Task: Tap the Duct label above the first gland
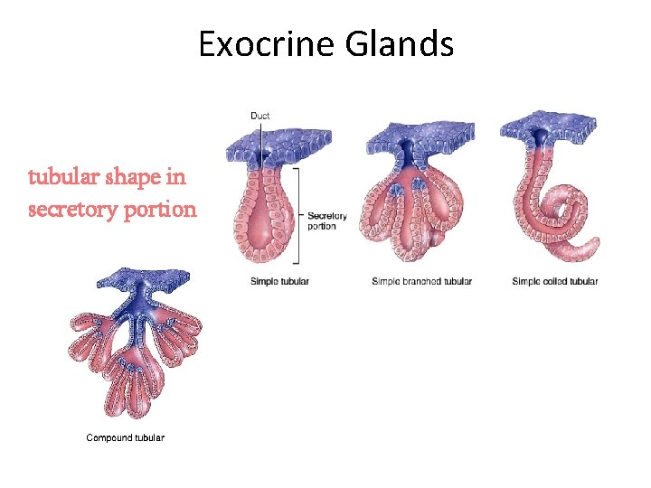click(x=259, y=116)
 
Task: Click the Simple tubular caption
click(x=279, y=281)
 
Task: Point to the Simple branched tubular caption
click(x=421, y=281)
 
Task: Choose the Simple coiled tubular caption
click(x=554, y=281)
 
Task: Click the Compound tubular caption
click(x=125, y=437)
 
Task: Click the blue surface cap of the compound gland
click(x=136, y=283)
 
